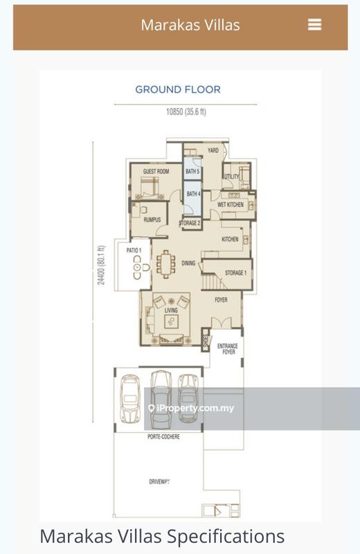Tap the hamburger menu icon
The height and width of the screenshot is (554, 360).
click(x=314, y=25)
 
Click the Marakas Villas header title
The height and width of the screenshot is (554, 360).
click(x=190, y=25)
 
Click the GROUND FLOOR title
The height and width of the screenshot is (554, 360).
click(x=178, y=89)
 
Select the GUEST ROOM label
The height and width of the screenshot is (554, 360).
click(x=156, y=171)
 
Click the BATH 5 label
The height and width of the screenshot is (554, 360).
click(x=192, y=171)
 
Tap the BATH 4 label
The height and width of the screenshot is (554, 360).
click(x=192, y=194)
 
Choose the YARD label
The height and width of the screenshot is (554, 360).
click(x=213, y=150)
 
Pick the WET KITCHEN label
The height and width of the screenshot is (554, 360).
click(x=231, y=205)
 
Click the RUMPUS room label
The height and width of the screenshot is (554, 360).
click(x=152, y=220)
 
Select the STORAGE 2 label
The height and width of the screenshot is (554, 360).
click(x=190, y=223)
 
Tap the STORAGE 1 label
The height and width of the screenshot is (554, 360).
click(x=235, y=273)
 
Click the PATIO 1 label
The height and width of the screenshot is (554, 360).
click(x=134, y=250)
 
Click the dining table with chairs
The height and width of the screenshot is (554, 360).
click(x=166, y=264)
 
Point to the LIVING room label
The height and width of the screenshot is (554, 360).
click(x=171, y=310)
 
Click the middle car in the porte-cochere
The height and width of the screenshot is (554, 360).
click(x=161, y=396)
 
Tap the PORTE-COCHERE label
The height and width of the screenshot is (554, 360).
click(x=163, y=438)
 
